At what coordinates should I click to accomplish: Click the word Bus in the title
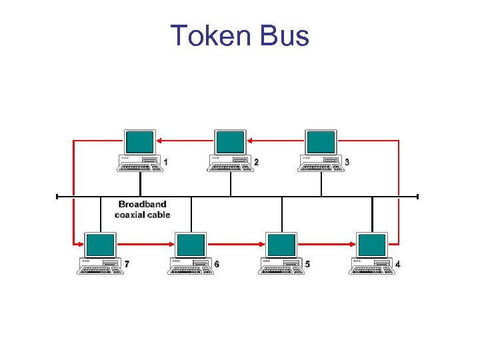(285, 35)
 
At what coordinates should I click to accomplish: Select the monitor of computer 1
(140, 143)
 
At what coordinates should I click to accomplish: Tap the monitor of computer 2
(230, 143)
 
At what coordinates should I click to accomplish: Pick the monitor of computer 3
(321, 143)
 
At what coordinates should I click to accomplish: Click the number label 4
(398, 265)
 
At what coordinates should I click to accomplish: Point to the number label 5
(307, 265)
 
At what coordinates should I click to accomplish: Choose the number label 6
(216, 265)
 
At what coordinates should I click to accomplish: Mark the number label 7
(127, 265)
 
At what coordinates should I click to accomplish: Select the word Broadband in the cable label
(142, 204)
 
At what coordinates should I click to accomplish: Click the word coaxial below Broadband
(133, 215)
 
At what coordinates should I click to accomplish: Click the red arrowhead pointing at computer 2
(251, 141)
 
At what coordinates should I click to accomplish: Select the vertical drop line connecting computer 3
(321, 184)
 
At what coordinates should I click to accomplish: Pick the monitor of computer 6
(191, 245)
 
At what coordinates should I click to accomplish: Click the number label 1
(165, 162)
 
